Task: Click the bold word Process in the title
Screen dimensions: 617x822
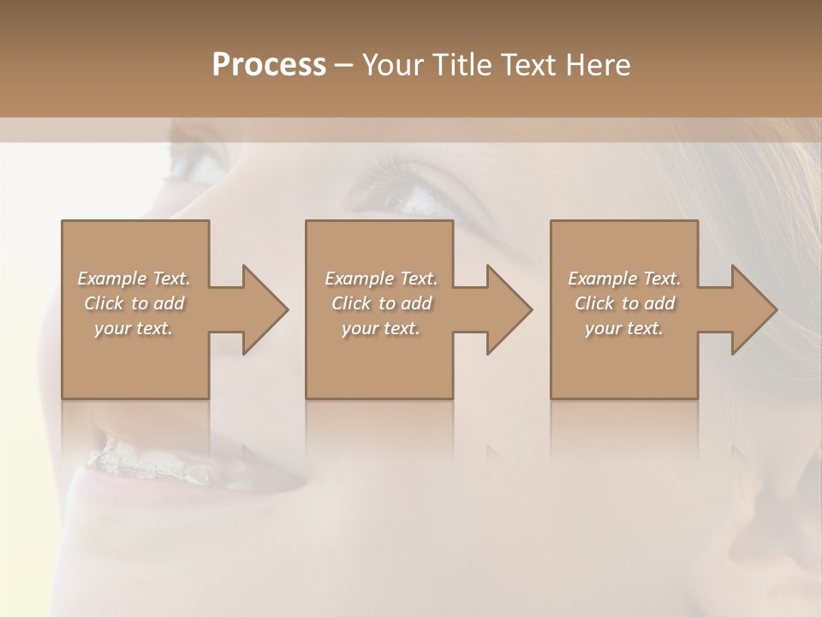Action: tap(269, 65)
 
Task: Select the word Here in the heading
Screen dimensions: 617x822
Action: tap(599, 65)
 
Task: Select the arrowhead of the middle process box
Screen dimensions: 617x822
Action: tap(507, 309)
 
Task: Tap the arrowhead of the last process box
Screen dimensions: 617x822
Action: tap(752, 309)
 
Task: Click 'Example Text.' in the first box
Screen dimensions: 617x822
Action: tap(134, 279)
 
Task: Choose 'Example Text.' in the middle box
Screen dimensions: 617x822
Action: tap(381, 279)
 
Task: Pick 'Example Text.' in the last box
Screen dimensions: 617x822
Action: tap(624, 279)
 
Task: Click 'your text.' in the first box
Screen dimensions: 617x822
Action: tap(134, 328)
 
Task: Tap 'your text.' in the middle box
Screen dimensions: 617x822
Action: tap(381, 328)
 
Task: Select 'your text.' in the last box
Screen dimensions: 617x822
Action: tap(624, 328)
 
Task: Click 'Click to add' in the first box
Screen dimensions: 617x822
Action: tap(134, 303)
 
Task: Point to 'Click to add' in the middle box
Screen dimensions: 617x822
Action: tap(381, 303)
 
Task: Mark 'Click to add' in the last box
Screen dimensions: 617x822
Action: tap(624, 303)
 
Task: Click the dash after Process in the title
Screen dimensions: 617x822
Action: tap(344, 66)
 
